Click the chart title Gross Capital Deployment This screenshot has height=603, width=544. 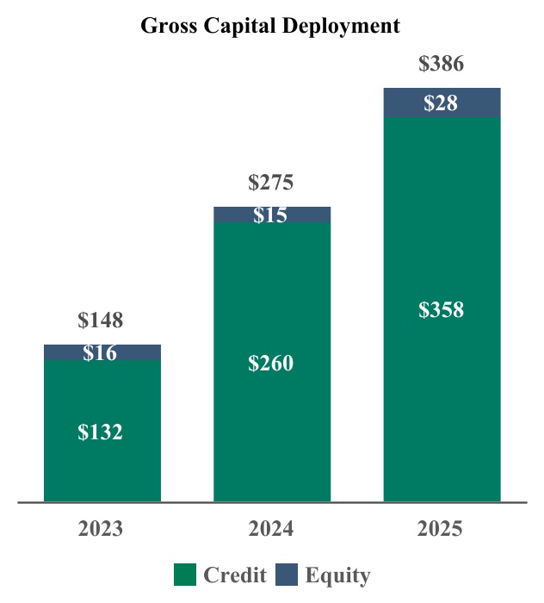(270, 27)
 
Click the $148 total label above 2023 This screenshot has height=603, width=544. (101, 321)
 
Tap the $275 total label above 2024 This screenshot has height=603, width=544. (271, 183)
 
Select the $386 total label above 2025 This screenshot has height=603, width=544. (441, 64)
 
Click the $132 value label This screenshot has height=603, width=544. (101, 432)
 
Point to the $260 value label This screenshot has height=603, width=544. (271, 364)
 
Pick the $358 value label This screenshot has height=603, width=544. (441, 310)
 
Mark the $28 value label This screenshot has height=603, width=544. (441, 103)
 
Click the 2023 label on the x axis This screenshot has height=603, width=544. (101, 528)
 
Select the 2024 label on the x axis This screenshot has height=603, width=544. (271, 528)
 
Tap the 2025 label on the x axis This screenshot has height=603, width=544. (441, 528)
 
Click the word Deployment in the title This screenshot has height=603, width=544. (343, 27)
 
